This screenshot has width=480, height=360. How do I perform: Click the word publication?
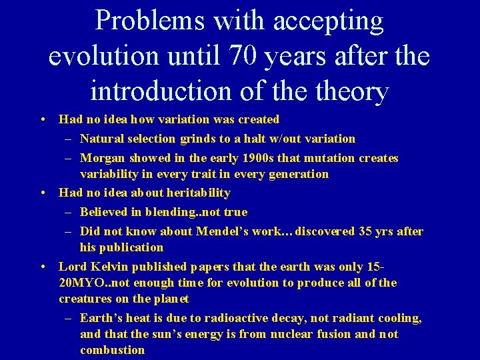[x=131, y=247]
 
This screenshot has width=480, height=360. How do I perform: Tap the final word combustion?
[x=112, y=350]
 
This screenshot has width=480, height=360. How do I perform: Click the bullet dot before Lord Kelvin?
[x=43, y=267]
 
